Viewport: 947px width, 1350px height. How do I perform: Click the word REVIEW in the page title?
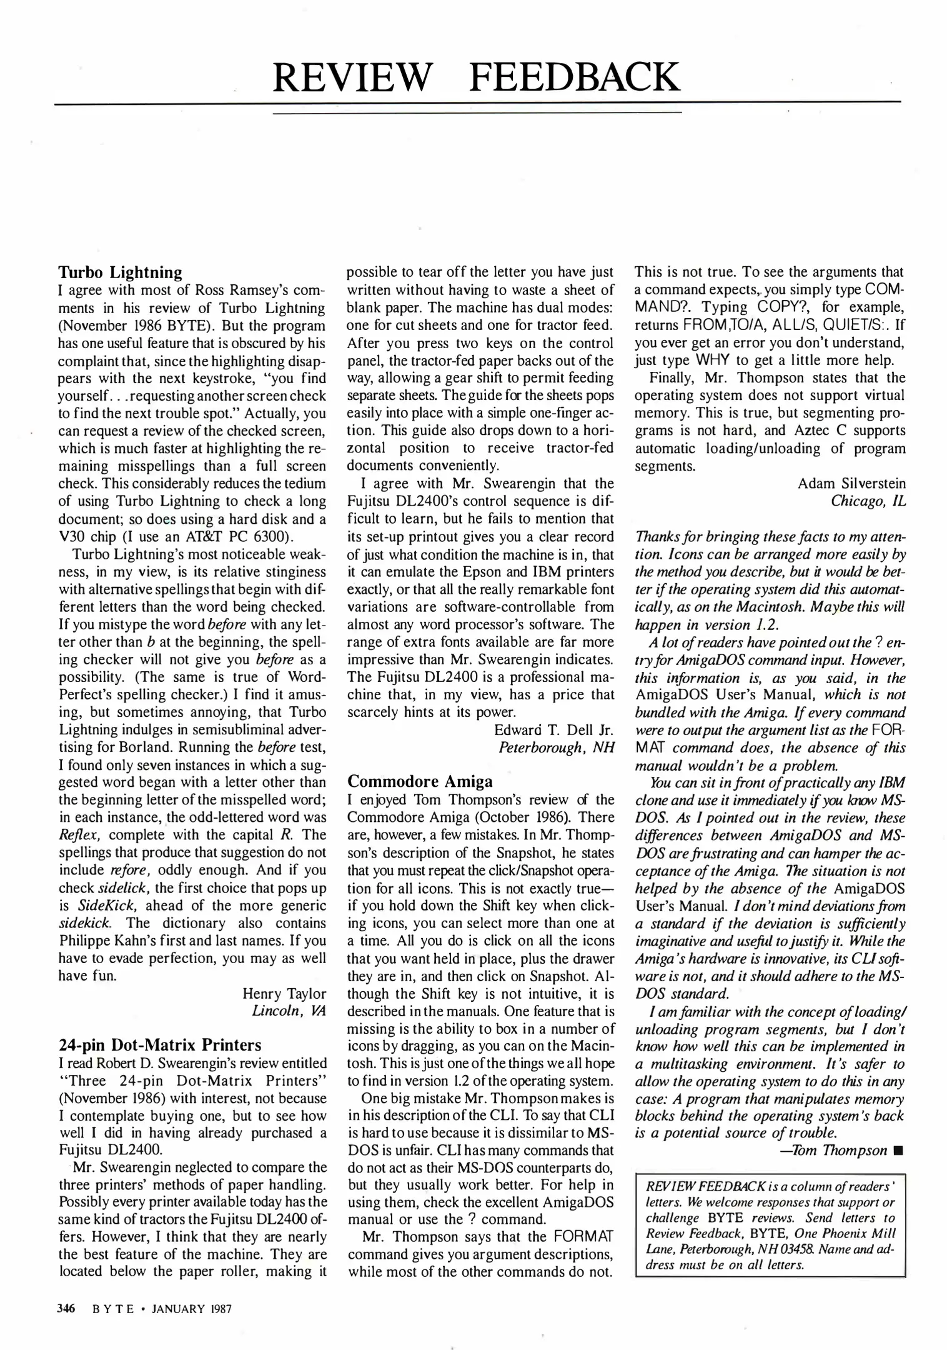(x=353, y=77)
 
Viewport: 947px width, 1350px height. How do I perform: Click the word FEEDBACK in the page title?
(x=574, y=77)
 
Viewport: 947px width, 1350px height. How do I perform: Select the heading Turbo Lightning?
(x=120, y=272)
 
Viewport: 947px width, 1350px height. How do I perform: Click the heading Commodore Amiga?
(x=420, y=781)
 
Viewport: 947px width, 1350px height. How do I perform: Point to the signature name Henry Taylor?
(x=284, y=994)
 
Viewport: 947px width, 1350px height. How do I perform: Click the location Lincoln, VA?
(x=289, y=1011)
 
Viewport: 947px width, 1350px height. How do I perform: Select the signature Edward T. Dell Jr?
(x=554, y=730)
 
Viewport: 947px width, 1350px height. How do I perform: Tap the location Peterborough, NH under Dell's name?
(x=557, y=747)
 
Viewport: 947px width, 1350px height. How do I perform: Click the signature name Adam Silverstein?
(x=851, y=483)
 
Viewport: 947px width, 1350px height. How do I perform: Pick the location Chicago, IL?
(x=868, y=501)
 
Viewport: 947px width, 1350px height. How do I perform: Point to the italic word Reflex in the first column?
(x=76, y=835)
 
